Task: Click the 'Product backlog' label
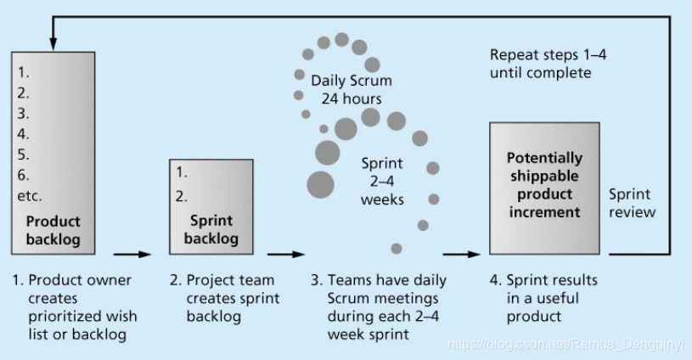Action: coord(53,230)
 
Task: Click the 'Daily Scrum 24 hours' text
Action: coord(351,90)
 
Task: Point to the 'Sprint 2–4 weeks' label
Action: coord(382,181)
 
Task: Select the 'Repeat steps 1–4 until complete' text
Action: coord(541,64)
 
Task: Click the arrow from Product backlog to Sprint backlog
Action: coord(132,253)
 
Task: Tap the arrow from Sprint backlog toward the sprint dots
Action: coord(286,253)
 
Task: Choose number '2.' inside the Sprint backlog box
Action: coord(183,197)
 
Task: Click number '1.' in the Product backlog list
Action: coord(25,73)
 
